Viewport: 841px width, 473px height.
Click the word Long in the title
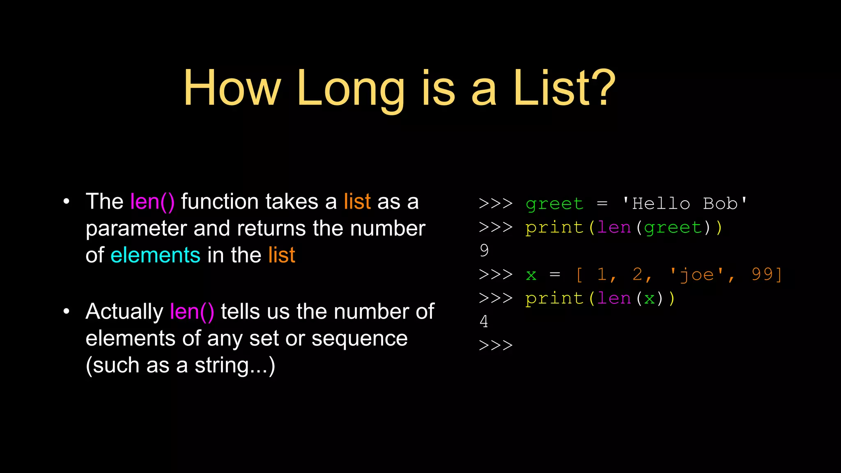pos(351,89)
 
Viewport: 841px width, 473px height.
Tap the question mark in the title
pos(601,88)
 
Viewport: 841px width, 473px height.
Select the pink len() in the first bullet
pos(152,202)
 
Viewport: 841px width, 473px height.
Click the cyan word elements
pos(155,255)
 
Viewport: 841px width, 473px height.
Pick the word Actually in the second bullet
pos(124,312)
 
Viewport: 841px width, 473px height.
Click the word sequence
pos(359,339)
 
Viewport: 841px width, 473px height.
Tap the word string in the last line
pos(222,365)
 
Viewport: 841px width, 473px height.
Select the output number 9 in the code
pos(484,250)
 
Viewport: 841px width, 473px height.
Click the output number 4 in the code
pos(484,321)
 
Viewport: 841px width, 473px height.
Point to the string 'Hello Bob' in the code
pos(685,204)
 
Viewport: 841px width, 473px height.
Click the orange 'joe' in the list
pos(696,274)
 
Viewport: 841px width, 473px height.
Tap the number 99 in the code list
pos(762,274)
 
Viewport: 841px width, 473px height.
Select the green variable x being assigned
pos(531,275)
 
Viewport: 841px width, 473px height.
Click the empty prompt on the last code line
pos(496,345)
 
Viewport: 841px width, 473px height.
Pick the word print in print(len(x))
pos(554,298)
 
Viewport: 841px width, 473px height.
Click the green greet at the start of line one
pos(554,204)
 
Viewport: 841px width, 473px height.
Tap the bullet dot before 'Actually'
pos(67,311)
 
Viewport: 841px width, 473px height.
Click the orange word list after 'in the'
pos(282,255)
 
